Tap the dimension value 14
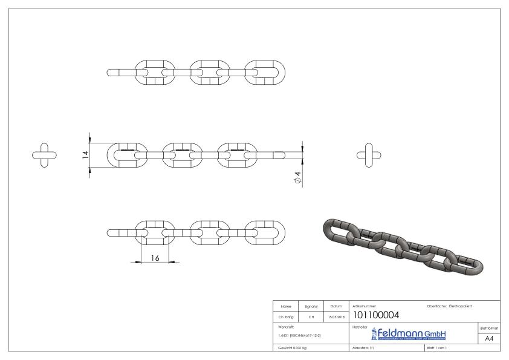coord(86,154)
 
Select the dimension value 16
coord(155,258)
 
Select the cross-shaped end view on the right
coord(369,154)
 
